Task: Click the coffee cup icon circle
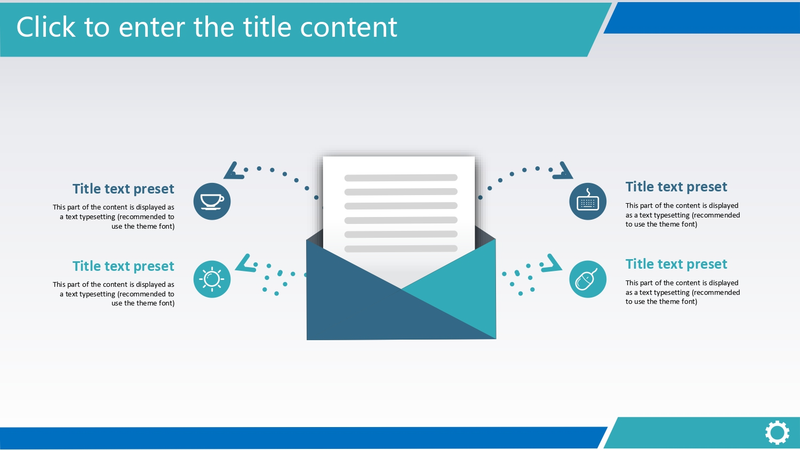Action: tap(212, 202)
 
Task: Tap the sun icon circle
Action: tap(212, 279)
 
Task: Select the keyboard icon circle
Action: tap(588, 202)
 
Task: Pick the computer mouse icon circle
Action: tap(588, 279)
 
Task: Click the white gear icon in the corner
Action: tap(777, 433)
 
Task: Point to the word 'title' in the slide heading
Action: tap(267, 27)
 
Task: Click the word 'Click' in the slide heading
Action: tap(46, 27)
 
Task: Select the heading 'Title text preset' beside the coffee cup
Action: tap(123, 189)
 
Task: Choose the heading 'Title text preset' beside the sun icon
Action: tap(123, 266)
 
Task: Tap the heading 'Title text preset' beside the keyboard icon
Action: tap(676, 187)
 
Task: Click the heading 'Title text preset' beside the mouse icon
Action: tap(676, 264)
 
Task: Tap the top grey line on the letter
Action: tap(401, 178)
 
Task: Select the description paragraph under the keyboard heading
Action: tap(683, 215)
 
